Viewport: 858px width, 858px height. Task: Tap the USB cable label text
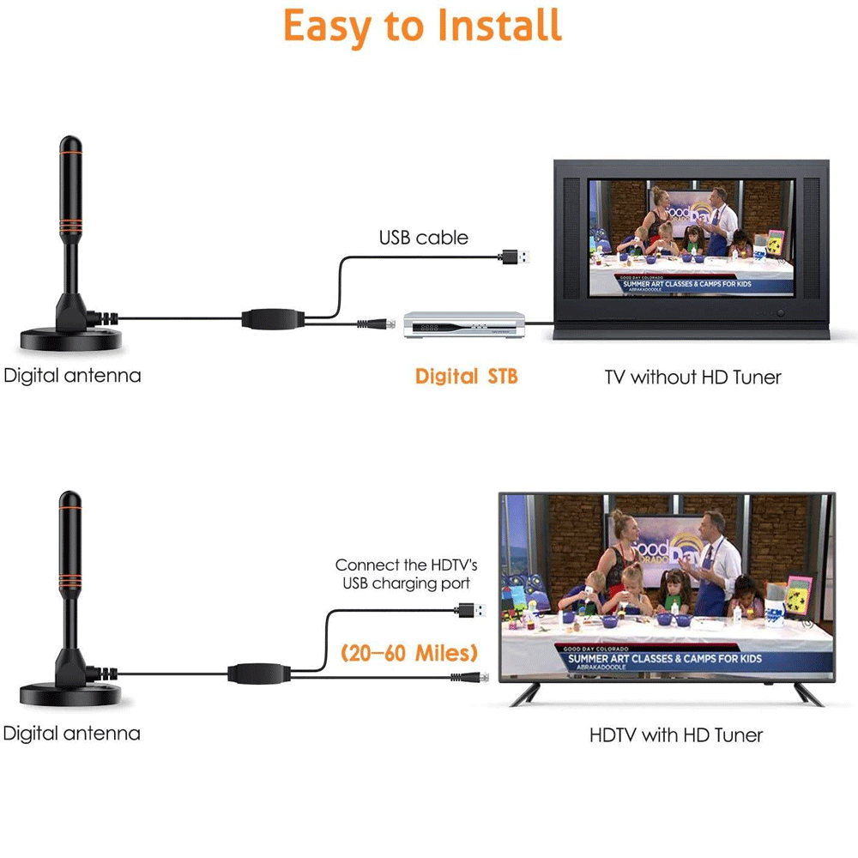tap(424, 238)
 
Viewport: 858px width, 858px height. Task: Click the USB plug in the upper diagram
tap(516, 257)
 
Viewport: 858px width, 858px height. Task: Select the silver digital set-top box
tap(464, 324)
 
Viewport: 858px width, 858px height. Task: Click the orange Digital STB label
tap(466, 377)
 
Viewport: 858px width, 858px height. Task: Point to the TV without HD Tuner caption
tap(692, 377)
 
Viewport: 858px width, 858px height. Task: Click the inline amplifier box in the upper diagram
tap(273, 319)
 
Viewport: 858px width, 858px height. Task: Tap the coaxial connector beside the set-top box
tap(377, 324)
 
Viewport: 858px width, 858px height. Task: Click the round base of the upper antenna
tap(70, 339)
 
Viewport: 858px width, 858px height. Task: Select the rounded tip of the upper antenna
tap(70, 143)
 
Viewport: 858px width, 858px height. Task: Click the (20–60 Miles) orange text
tap(409, 653)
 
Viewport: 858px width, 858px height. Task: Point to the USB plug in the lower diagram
tap(470, 610)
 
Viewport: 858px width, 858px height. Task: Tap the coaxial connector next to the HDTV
tap(469, 678)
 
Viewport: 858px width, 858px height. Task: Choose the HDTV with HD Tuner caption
tap(676, 735)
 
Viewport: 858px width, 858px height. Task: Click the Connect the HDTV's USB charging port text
tap(406, 574)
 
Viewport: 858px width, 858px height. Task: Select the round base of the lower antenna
tap(70, 694)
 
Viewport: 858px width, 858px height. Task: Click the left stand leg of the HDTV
tap(523, 694)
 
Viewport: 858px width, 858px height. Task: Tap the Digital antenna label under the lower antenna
tap(72, 734)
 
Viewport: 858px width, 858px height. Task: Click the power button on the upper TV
tap(781, 313)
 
